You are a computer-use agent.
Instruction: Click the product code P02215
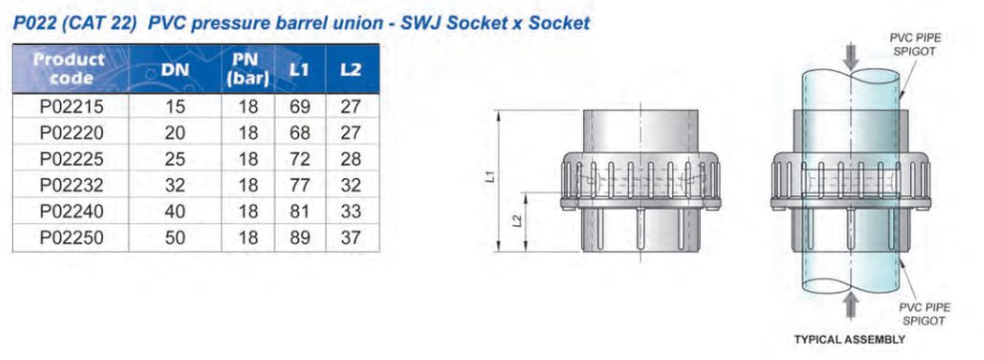coord(71,107)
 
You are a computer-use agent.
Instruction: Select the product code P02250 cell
coord(71,238)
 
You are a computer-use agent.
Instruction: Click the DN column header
coord(174,70)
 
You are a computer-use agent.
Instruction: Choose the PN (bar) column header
coord(247,69)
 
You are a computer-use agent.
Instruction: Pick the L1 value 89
coord(299,238)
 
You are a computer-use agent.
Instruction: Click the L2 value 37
coord(351,238)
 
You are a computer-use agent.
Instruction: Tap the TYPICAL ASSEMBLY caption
coord(849,339)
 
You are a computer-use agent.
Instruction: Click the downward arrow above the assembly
coord(850,55)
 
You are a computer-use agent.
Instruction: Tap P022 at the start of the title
coord(35,22)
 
